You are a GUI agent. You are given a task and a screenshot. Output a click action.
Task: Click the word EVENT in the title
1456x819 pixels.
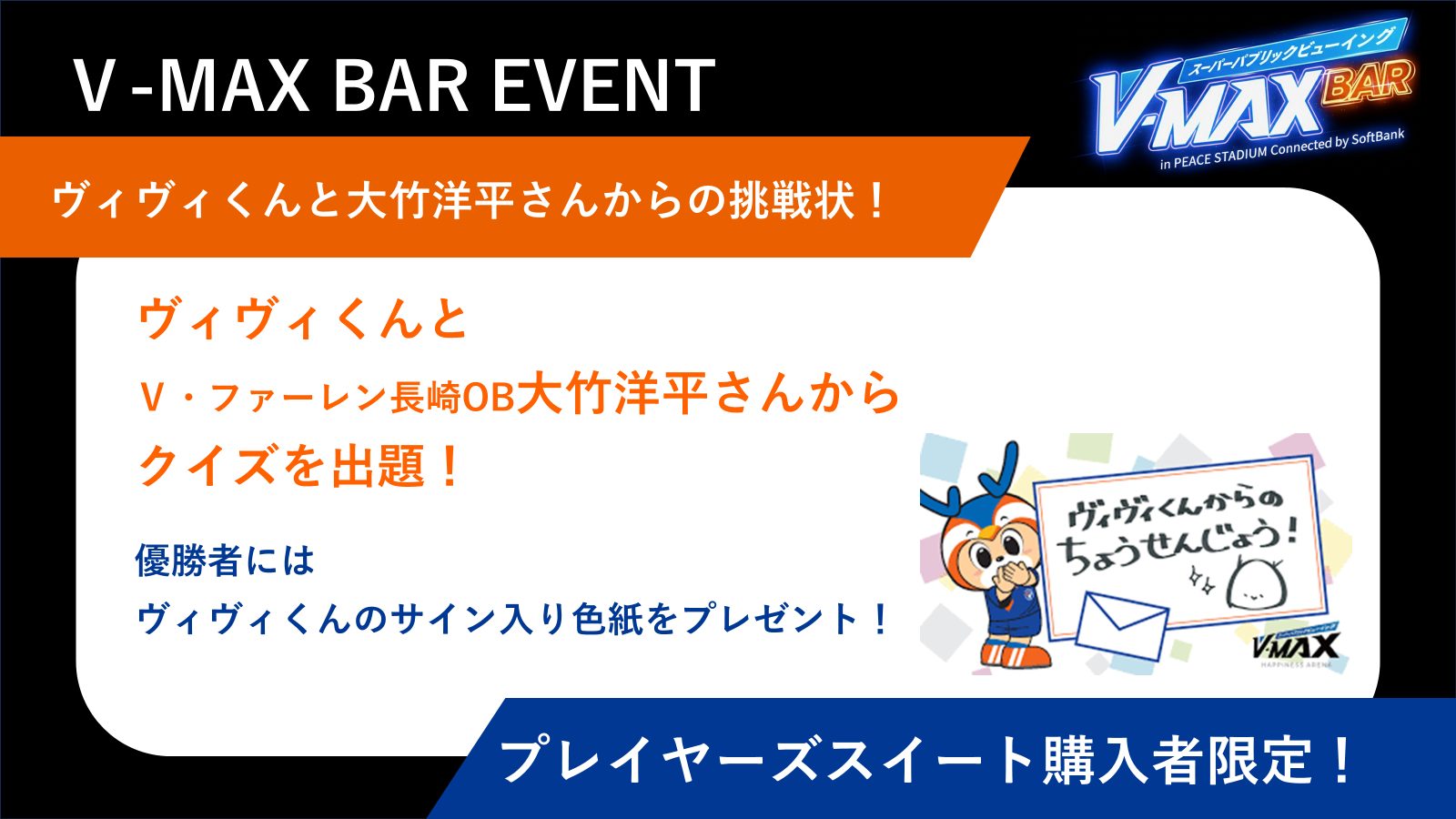604,86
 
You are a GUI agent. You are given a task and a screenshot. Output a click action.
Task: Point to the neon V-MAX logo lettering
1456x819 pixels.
1209,107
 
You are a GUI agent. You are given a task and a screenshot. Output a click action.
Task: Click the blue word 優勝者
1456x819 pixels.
187,560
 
